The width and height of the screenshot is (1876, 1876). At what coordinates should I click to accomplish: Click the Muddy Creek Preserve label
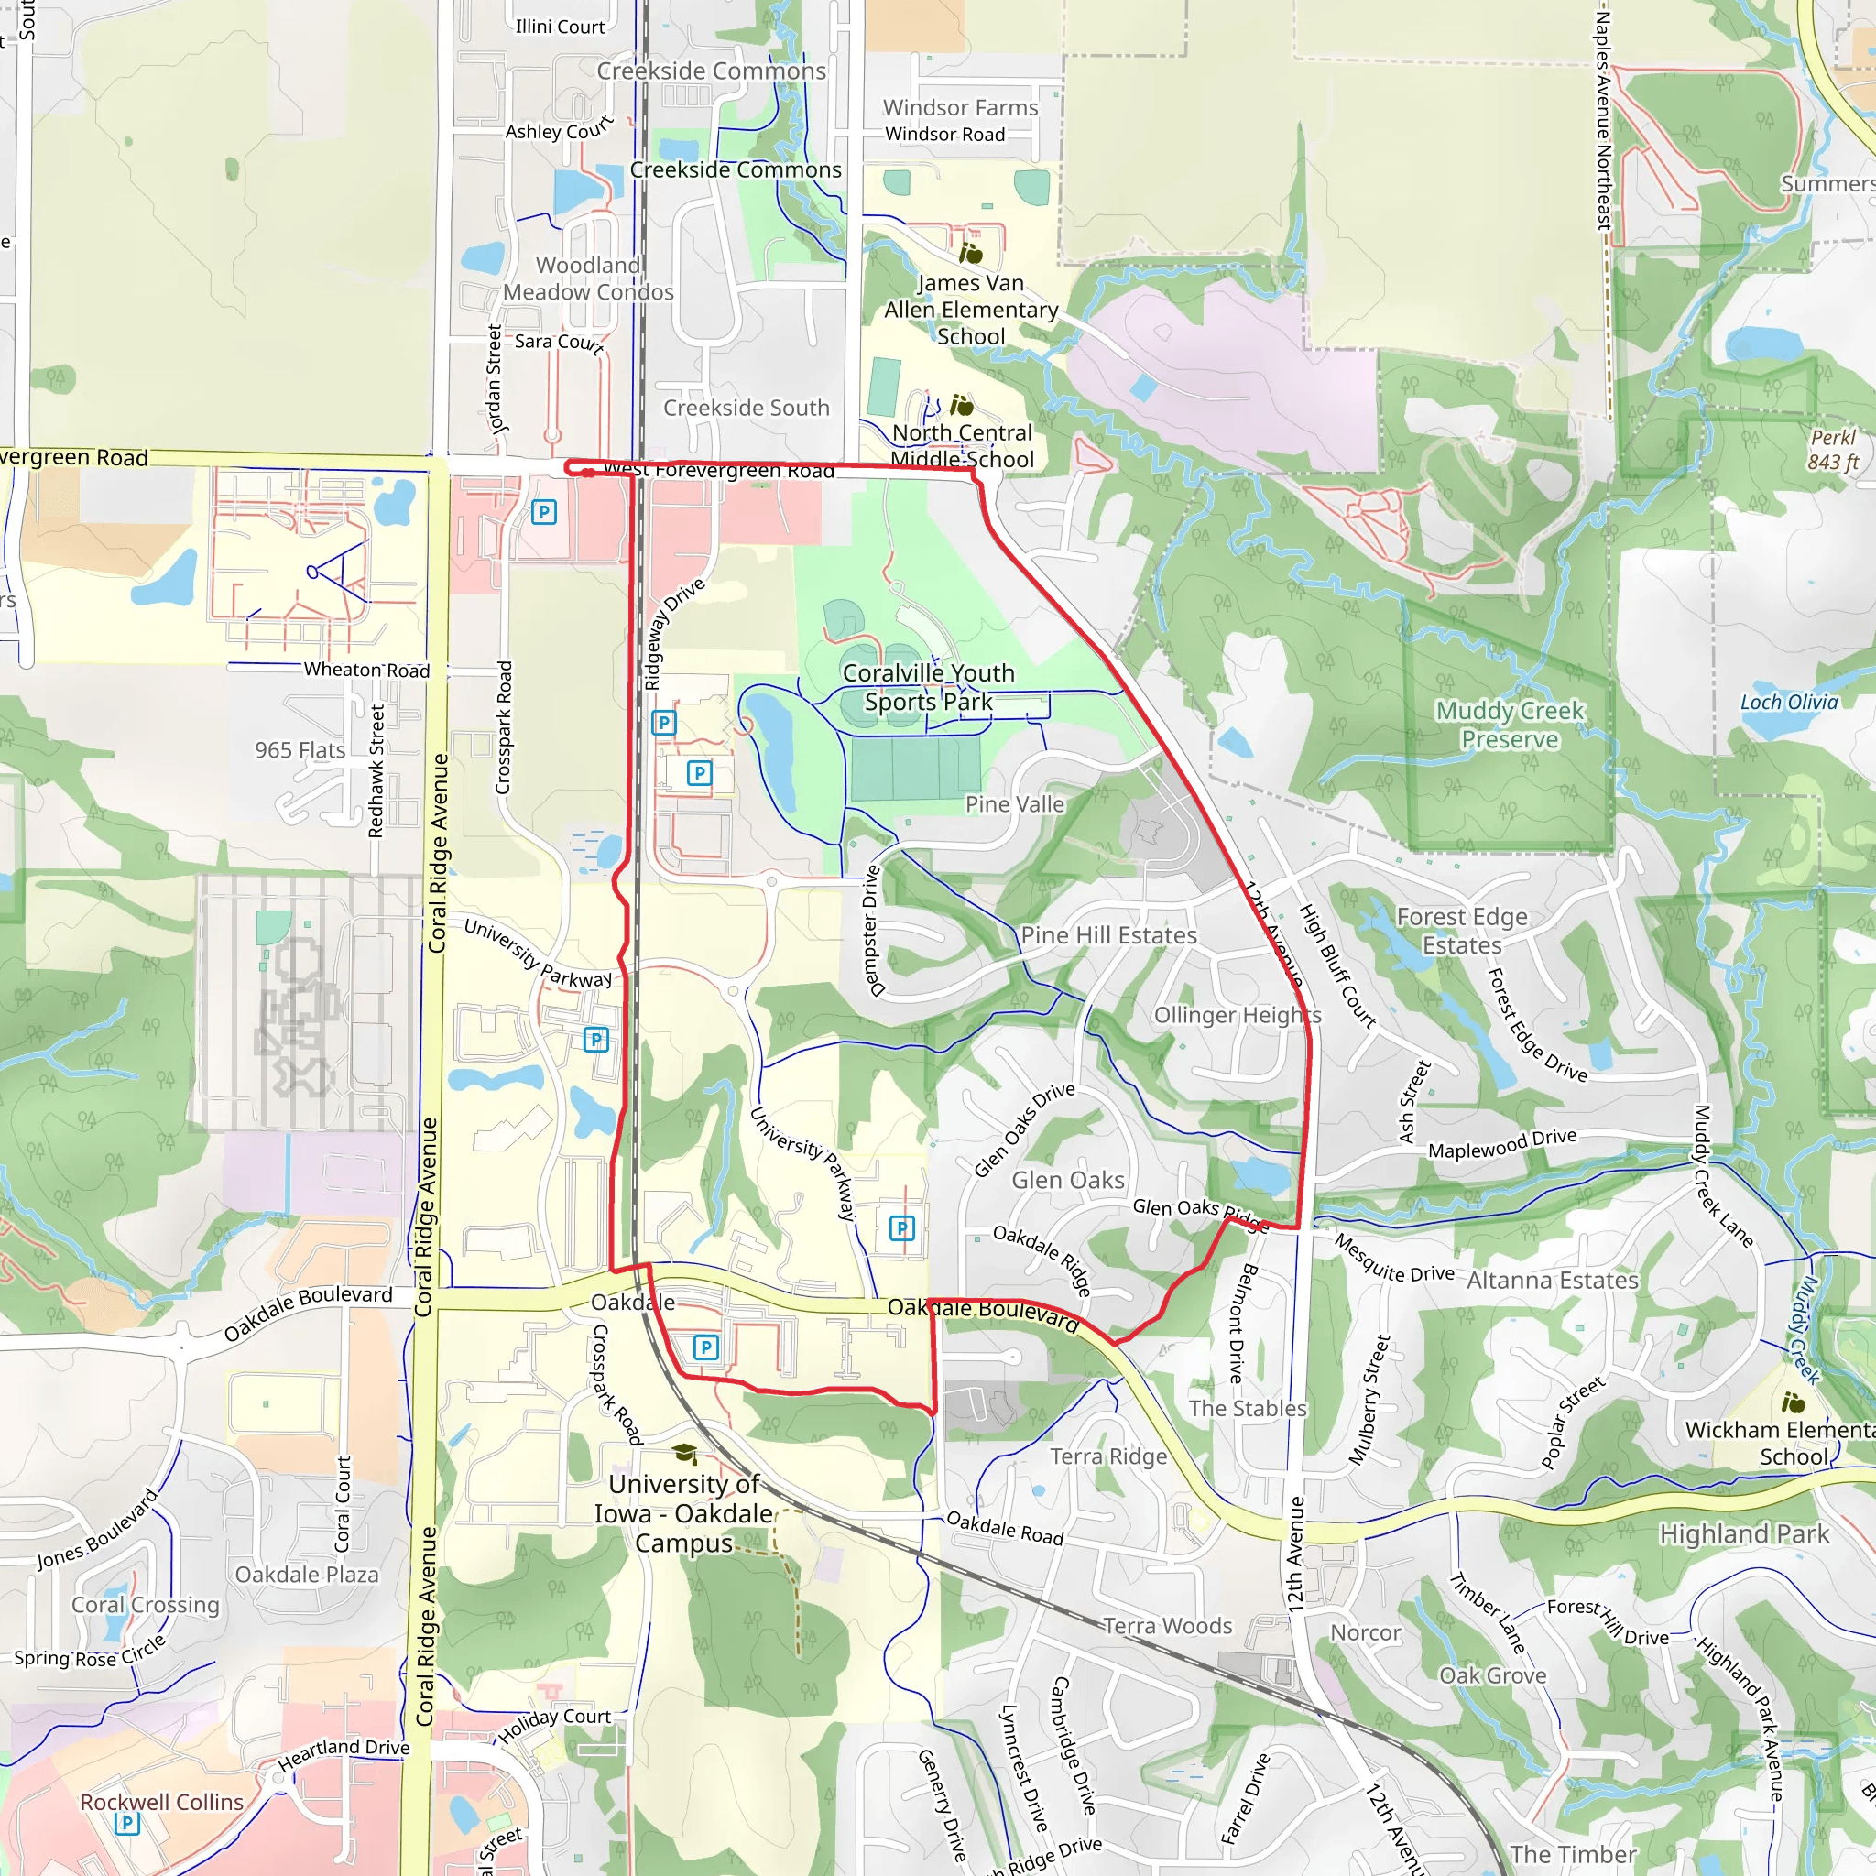coord(1510,725)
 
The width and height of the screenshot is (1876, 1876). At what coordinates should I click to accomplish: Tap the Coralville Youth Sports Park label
coord(928,686)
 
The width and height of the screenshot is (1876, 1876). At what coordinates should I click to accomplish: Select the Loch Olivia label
coord(1789,702)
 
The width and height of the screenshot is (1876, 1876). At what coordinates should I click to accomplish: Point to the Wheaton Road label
coord(366,670)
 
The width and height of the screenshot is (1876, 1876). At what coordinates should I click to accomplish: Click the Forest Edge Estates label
coord(1461,931)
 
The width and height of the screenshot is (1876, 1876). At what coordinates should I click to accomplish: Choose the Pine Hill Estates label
coord(1109,935)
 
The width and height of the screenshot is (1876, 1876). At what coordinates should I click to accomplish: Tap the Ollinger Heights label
coord(1237,1015)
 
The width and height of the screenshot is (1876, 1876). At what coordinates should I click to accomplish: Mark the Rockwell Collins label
coord(162,1801)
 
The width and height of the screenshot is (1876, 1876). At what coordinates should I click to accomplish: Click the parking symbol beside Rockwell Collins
coord(127,1824)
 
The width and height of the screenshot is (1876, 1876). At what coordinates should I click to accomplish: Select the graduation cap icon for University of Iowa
coord(683,1453)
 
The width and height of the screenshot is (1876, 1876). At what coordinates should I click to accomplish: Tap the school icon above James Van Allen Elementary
coord(971,254)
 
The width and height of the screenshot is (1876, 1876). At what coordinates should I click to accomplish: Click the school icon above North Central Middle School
coord(961,404)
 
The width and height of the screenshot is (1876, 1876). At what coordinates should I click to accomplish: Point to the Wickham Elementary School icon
coord(1793,1402)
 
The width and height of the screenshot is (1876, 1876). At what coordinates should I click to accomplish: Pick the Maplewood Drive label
coord(1502,1143)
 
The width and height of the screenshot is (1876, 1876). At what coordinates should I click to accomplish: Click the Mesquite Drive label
coord(1393,1260)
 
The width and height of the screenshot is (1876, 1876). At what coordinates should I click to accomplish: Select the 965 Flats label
coord(300,749)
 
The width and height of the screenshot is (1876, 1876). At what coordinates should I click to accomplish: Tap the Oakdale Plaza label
coord(307,1574)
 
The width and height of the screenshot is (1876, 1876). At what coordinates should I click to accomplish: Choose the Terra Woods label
coord(1167,1626)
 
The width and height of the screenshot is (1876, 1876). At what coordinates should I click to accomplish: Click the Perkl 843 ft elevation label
coord(1832,450)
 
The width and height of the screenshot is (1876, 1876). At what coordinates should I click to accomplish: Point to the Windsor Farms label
coord(960,108)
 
